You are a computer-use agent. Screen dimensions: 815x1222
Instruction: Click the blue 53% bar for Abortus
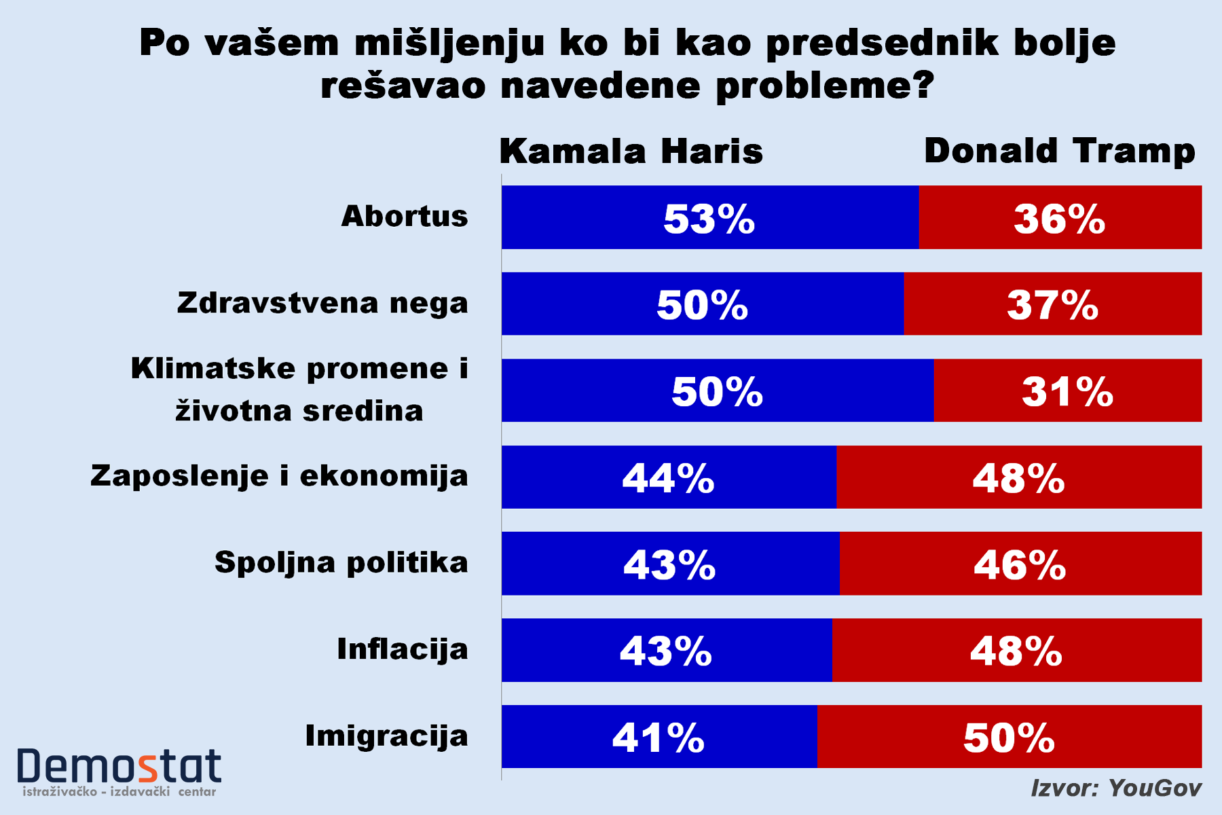(710, 217)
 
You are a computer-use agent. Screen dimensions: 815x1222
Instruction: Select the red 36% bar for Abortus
(1060, 217)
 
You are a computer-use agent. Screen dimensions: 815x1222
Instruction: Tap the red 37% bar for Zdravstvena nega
(1052, 304)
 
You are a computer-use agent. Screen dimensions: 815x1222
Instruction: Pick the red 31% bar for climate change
(1067, 391)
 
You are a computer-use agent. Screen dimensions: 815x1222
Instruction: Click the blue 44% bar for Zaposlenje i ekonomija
(669, 477)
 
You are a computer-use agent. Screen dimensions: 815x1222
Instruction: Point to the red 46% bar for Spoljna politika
(1020, 564)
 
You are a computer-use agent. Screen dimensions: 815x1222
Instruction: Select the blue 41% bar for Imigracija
(659, 737)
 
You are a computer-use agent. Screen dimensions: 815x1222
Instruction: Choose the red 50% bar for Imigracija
(1010, 737)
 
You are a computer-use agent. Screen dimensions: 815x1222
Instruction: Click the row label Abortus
(405, 217)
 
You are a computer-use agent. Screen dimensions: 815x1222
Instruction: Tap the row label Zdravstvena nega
(322, 303)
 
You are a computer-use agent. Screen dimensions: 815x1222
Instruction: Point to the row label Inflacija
(403, 649)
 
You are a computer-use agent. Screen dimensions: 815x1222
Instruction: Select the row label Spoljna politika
(341, 563)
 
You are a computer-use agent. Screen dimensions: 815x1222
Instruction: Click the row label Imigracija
(387, 736)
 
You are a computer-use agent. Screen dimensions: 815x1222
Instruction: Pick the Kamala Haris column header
(631, 151)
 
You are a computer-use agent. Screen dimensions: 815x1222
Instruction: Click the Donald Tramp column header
(1059, 151)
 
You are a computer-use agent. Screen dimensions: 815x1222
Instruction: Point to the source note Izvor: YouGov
(1116, 788)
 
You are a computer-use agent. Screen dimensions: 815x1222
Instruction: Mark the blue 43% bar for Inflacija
(666, 650)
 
